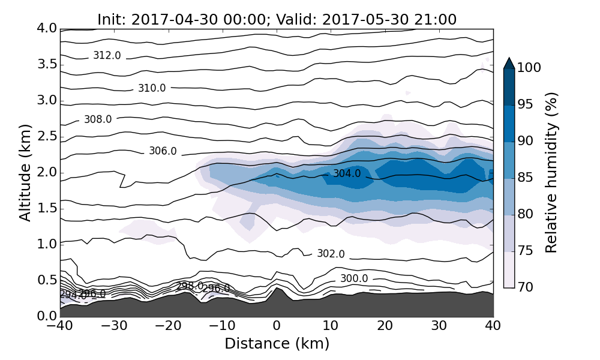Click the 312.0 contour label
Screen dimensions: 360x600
tap(107, 56)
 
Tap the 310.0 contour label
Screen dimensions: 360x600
tap(152, 88)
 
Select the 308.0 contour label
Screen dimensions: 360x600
tap(98, 119)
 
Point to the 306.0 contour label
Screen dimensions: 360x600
tap(163, 151)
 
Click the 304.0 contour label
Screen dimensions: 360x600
tap(347, 174)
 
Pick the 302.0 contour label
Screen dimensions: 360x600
tap(331, 254)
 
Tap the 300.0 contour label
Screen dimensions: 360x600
tap(354, 278)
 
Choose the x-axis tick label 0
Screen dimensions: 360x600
tap(277, 326)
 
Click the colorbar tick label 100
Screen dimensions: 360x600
tap(529, 68)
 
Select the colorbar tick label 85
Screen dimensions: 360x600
tap(526, 178)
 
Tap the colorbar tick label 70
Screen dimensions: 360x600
tap(526, 287)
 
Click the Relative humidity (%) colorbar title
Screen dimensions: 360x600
tap(551, 173)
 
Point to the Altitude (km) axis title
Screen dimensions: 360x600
tap(25, 172)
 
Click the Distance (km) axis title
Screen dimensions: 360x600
tap(277, 344)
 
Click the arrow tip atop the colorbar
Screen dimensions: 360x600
tap(509, 59)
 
